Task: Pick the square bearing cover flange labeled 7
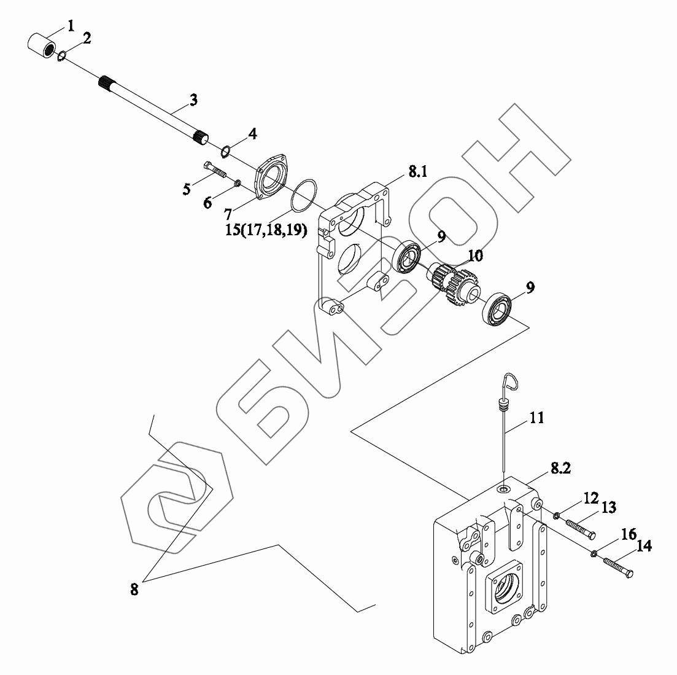(x=273, y=176)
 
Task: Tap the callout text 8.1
(x=417, y=173)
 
